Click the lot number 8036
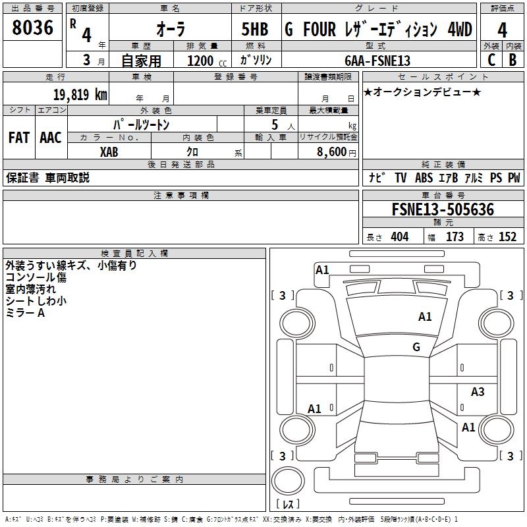tap(32, 28)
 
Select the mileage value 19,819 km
tap(80, 94)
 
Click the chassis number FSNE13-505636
tap(442, 209)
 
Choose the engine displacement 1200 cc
tap(204, 61)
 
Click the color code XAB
tap(109, 152)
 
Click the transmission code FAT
tap(18, 138)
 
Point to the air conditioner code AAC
tap(50, 138)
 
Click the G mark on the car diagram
tap(416, 347)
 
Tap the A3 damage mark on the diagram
tap(478, 392)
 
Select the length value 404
tap(399, 237)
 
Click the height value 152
tap(507, 237)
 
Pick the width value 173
tap(455, 237)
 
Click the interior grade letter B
tap(513, 59)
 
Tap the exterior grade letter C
tap(491, 59)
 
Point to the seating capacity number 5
tap(274, 125)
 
